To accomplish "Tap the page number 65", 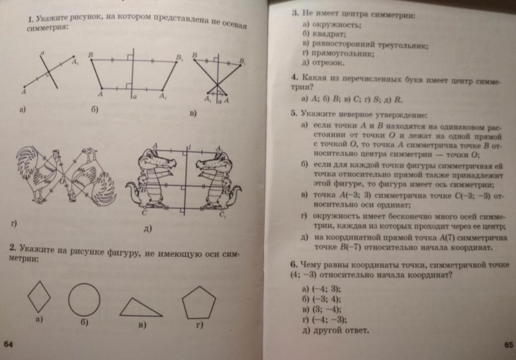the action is point(507,344).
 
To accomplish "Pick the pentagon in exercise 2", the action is point(199,303).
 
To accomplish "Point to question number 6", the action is point(293,265).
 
